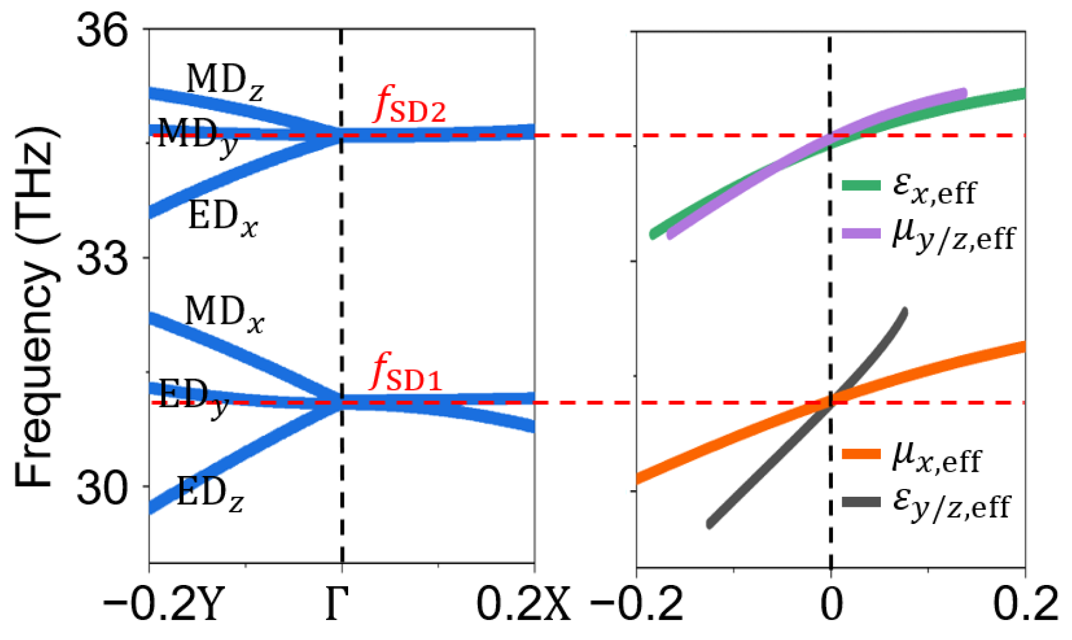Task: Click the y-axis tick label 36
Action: (x=102, y=31)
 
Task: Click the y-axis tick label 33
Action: (x=102, y=258)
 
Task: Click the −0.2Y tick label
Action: (x=163, y=604)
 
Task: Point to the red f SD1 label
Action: (x=406, y=373)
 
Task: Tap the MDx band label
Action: (x=224, y=313)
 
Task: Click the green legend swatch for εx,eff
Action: (x=861, y=185)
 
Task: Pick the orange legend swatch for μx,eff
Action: (x=861, y=454)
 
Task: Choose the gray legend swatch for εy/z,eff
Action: (x=861, y=503)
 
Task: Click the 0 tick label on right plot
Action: (x=831, y=604)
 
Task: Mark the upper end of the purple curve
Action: (x=963, y=93)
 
